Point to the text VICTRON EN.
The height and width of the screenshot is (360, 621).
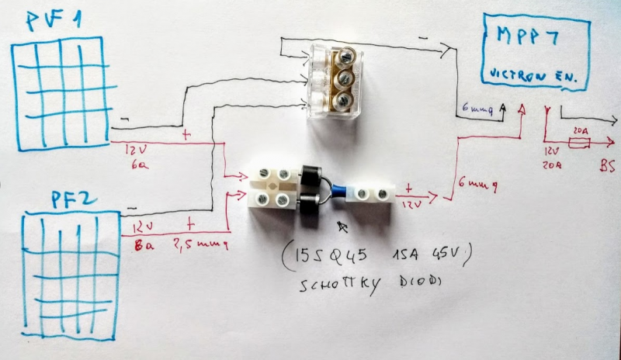click(536, 74)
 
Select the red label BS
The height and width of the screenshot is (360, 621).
click(606, 165)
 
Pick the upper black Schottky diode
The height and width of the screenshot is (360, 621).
click(309, 175)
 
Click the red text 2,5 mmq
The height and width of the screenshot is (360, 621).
click(203, 243)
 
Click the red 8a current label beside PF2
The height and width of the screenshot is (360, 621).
click(141, 247)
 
